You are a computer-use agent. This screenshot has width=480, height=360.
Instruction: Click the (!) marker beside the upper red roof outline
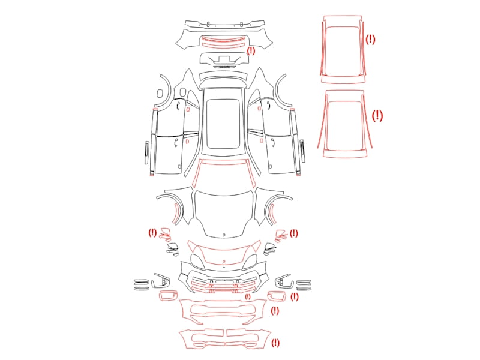370,39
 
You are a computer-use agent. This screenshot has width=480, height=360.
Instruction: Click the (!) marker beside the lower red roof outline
377,116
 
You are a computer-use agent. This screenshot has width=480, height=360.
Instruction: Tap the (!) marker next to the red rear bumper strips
251,50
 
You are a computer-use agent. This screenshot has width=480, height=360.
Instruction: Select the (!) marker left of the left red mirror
152,233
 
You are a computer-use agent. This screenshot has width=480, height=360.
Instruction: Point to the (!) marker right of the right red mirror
294,233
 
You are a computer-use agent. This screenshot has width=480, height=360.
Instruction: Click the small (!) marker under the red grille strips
248,296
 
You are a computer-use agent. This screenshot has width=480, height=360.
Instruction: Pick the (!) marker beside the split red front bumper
275,343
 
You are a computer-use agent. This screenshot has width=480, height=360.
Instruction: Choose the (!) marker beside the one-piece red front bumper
275,311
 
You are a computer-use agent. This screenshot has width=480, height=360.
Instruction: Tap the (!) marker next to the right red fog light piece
294,296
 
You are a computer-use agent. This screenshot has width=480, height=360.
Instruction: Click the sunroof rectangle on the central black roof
223,124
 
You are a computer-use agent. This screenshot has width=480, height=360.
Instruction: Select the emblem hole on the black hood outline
224,235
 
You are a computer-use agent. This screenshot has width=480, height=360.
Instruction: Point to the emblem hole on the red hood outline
224,262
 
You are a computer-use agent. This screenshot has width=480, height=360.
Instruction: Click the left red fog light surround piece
168,296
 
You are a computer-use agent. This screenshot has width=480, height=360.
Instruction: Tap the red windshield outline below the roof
224,161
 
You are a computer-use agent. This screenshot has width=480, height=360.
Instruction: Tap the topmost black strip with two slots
224,25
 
